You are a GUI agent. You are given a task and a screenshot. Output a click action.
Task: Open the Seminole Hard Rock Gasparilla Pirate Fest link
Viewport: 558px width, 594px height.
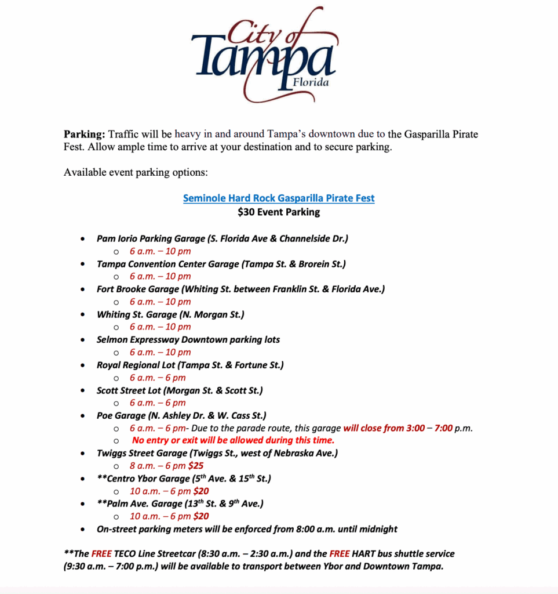coord(279,198)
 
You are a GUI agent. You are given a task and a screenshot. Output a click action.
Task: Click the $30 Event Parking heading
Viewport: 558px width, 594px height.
coord(279,212)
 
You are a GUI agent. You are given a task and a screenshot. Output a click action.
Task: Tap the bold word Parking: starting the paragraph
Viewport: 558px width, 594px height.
coord(85,134)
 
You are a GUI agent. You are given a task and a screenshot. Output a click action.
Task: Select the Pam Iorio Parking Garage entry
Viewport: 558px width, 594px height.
coord(223,238)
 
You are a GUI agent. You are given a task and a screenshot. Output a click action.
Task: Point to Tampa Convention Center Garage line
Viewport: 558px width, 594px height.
coord(221,264)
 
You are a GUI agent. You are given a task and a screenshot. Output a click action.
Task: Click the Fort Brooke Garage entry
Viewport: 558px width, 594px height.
coord(240,289)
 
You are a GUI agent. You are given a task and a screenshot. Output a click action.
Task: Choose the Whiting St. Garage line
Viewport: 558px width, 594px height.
coord(170,314)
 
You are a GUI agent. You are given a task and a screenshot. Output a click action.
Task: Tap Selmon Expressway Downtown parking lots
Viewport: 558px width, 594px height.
coord(188,340)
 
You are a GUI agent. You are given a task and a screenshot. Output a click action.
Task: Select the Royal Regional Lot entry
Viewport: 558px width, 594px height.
coord(190,365)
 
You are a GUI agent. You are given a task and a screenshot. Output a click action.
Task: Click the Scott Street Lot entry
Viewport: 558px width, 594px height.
coord(180,391)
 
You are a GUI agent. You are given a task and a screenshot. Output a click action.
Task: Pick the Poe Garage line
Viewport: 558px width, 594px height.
coord(181,416)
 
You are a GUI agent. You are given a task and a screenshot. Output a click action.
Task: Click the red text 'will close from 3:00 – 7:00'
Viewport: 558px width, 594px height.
coord(399,429)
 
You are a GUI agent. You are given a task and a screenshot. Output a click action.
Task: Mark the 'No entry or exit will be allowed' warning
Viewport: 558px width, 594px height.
coord(233,441)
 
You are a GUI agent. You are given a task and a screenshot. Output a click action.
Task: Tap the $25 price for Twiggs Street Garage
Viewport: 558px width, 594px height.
coord(196,465)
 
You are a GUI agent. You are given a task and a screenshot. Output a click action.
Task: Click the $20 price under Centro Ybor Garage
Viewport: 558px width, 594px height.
coord(201,491)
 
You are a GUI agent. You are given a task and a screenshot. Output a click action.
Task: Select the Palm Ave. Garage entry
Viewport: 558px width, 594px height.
coord(180,504)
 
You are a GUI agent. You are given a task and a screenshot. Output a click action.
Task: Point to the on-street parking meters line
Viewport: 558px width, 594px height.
coord(247,529)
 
